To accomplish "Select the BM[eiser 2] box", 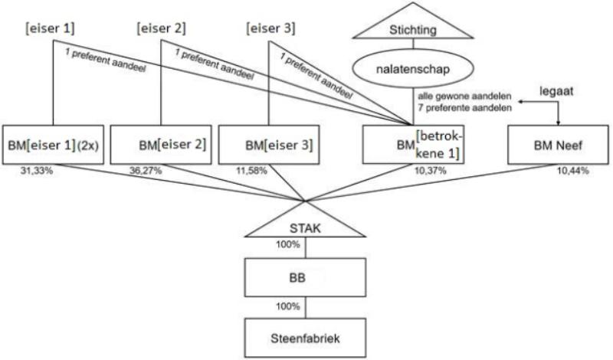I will click(161, 144).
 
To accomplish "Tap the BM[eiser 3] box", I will click(268, 144).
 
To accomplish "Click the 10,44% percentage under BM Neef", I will click(572, 170).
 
